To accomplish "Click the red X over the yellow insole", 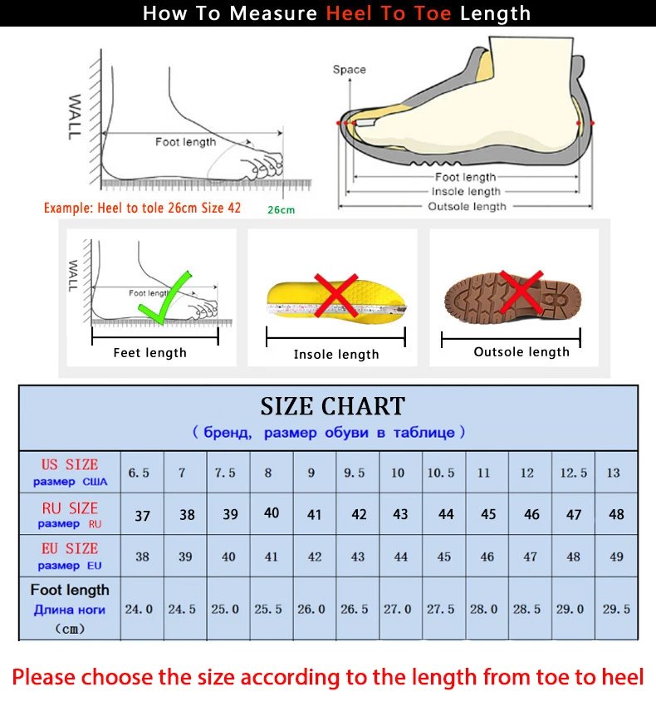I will (x=335, y=296).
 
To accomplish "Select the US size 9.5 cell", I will (x=355, y=473).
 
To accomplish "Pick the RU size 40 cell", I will (x=272, y=513).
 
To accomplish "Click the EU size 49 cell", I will (x=616, y=557).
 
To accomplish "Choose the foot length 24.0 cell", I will (x=139, y=609).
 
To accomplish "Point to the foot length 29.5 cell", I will (x=616, y=609).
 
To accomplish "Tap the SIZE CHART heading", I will (x=332, y=406).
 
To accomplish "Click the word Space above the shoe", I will (x=349, y=70).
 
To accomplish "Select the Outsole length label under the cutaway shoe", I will (x=467, y=207).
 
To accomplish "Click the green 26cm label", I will (x=281, y=210).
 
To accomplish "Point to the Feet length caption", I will (x=150, y=353).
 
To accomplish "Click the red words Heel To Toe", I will (x=389, y=14).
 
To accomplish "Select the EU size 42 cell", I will (x=315, y=557).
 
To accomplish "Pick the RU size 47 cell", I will (x=574, y=515).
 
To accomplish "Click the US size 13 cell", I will (x=614, y=473).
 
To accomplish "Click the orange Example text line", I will (x=142, y=208).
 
